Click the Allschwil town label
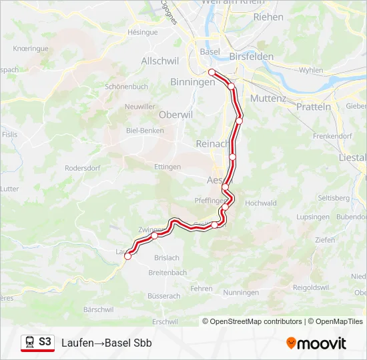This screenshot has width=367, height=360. [x=158, y=61]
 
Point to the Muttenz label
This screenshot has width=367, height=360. [x=268, y=98]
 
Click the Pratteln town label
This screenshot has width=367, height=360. [x=313, y=107]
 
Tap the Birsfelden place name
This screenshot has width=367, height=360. [x=251, y=57]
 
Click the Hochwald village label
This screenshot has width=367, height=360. [x=260, y=203]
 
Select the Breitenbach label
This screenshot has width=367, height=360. [x=167, y=273]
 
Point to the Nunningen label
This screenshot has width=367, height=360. [x=241, y=293]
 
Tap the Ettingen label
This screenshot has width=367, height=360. [x=167, y=166]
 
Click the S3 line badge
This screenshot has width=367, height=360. [x=45, y=342]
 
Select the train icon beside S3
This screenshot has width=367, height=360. [x=30, y=342]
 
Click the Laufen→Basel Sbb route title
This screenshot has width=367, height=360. [x=107, y=343]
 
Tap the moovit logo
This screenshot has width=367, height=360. [x=316, y=343]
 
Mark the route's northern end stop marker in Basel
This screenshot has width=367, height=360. [x=212, y=72]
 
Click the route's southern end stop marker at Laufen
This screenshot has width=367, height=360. [x=127, y=256]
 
